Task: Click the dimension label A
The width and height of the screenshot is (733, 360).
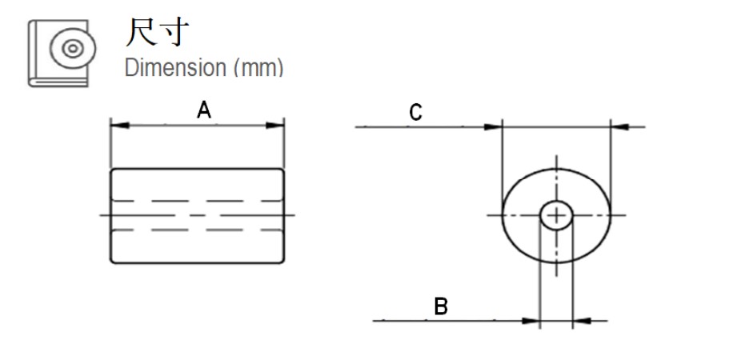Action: coord(204,110)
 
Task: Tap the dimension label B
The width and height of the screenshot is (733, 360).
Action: coord(441,306)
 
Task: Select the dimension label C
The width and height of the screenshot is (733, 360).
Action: coord(415,113)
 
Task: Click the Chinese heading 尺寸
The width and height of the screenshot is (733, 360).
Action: coord(158,33)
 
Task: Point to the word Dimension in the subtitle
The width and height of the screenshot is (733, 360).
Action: coord(175,67)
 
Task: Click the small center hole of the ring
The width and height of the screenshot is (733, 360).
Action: coord(556,214)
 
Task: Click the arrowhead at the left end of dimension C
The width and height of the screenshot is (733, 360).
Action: coord(492,126)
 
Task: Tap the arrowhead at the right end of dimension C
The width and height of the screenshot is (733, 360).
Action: coord(619,126)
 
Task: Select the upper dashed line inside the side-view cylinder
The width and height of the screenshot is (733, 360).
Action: coord(197,200)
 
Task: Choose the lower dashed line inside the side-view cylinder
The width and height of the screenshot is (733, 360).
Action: coord(197,230)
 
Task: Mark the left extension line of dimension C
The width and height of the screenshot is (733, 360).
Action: coord(502,160)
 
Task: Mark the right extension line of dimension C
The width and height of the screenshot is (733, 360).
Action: coord(611,160)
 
